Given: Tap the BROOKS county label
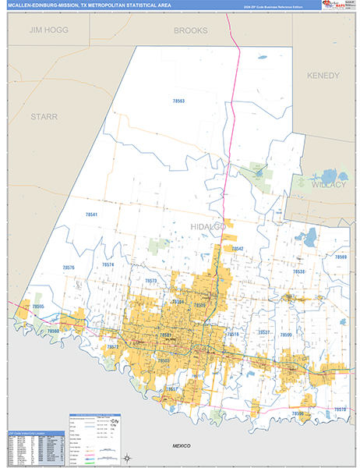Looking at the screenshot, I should pyautogui.click(x=190, y=30).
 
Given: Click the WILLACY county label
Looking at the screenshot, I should pyautogui.click(x=316, y=186).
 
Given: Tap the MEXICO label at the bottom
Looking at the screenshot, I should pyautogui.click(x=185, y=444).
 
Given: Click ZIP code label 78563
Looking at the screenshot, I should pyautogui.click(x=178, y=101).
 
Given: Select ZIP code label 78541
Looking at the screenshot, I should pyautogui.click(x=92, y=214).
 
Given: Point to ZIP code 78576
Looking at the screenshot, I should pyautogui.click(x=69, y=268).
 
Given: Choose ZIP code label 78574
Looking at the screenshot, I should pyautogui.click(x=108, y=265).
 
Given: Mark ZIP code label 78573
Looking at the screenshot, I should pyautogui.click(x=150, y=281).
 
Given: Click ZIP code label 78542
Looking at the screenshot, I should pyautogui.click(x=238, y=249).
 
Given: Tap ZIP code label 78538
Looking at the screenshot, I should pyautogui.click(x=299, y=271).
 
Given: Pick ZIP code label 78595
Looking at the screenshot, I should pyautogui.click(x=37, y=307).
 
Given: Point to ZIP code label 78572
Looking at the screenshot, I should pyautogui.click(x=112, y=347).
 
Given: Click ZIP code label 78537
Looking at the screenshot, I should pyautogui.click(x=264, y=332).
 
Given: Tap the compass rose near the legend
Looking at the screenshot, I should pyautogui.click(x=126, y=457).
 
